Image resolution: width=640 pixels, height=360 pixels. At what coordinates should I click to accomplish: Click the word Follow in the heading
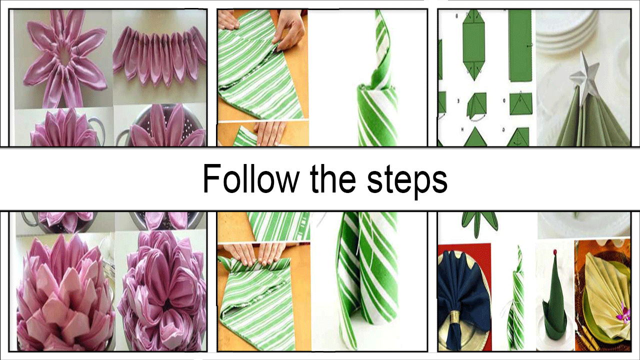pos(250,179)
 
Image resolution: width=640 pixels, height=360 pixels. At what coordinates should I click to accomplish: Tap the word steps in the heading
pos(407,180)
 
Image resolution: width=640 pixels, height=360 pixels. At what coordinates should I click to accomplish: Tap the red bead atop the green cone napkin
pos(555,252)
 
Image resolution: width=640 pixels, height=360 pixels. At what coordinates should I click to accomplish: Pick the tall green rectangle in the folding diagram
pos(520,45)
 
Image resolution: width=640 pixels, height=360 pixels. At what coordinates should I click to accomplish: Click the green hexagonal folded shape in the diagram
pos(473,45)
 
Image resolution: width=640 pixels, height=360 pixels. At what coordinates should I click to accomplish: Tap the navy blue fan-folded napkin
pos(461,297)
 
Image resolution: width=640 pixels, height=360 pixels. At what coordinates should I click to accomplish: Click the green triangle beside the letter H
pos(474,137)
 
